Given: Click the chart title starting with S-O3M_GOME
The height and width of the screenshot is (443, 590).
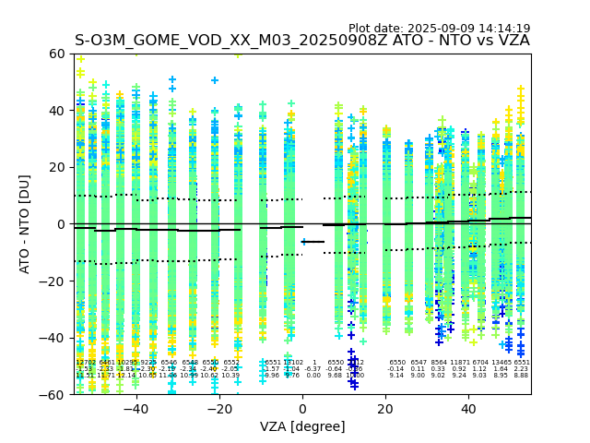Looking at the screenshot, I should tap(302, 41).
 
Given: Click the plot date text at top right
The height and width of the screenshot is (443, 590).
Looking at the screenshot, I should tap(439, 29).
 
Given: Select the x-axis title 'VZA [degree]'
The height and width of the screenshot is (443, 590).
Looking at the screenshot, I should tap(302, 426).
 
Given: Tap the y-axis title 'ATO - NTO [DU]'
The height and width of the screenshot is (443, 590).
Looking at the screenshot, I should tap(26, 224).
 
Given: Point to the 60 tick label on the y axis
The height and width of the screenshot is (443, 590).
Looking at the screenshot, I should tap(57, 54).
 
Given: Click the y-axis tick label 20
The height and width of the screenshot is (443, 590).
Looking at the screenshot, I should tap(57, 167).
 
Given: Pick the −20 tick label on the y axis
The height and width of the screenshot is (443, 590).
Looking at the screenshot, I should tap(53, 281).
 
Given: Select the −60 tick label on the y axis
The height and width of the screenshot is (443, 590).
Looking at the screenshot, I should tap(53, 394).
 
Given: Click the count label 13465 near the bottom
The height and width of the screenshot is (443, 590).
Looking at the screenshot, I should tap(501, 363).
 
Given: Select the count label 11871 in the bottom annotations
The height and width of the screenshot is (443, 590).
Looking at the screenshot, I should tap(459, 363).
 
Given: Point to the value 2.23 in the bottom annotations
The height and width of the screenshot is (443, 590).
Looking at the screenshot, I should tap(521, 369).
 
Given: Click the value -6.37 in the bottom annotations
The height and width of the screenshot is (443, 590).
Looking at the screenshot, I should tap(313, 369).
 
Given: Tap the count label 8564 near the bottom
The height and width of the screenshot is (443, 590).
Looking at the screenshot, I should tap(439, 363).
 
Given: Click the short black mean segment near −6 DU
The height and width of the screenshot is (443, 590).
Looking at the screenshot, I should tap(313, 242).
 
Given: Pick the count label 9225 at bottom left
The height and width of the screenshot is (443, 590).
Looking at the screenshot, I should tap(147, 363).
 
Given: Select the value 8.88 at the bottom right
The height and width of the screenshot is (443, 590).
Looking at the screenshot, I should tap(521, 376).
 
